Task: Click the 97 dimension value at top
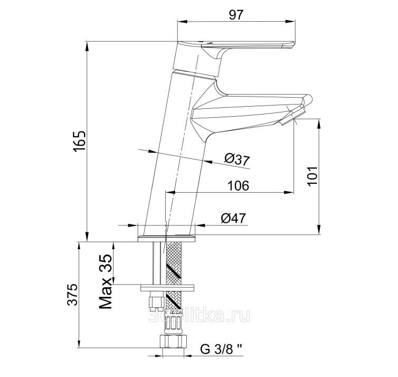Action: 236,15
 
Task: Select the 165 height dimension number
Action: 80,142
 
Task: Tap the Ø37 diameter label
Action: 237,159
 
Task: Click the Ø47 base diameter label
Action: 233,218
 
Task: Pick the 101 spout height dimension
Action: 312,176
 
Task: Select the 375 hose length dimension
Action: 72,295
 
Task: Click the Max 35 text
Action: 106,281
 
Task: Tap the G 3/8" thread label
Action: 221,349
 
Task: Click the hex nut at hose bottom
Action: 173,342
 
